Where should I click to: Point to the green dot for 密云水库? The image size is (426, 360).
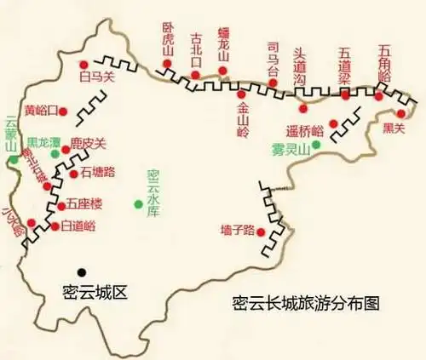[x=139, y=203]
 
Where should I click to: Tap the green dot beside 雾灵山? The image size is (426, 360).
[x=316, y=145]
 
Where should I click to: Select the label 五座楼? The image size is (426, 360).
[x=83, y=204]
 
